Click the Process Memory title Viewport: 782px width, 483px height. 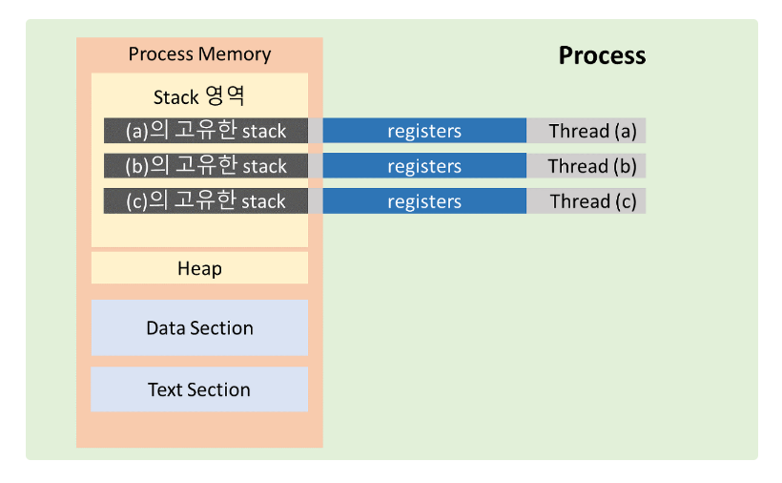(x=199, y=53)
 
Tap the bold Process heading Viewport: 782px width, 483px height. (x=602, y=55)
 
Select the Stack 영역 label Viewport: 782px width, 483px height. (x=199, y=96)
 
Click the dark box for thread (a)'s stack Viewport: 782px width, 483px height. (x=205, y=131)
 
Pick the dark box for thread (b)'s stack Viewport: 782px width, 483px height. (x=205, y=166)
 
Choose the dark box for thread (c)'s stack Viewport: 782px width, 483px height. (x=205, y=201)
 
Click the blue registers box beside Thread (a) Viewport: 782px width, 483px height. (x=424, y=131)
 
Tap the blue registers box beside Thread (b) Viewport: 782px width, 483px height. (x=424, y=166)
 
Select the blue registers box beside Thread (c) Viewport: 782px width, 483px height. (x=424, y=201)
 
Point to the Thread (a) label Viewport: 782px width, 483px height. (x=592, y=131)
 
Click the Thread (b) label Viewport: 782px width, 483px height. (x=592, y=166)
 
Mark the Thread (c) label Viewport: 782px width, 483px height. (x=593, y=201)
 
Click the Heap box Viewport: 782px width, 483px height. (x=199, y=268)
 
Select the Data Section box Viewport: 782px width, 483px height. (x=199, y=327)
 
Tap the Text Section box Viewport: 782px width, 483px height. (x=199, y=389)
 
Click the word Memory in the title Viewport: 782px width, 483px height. (x=235, y=53)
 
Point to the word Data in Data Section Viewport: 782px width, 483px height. (x=166, y=328)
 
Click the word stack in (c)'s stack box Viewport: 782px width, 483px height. (x=264, y=201)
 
